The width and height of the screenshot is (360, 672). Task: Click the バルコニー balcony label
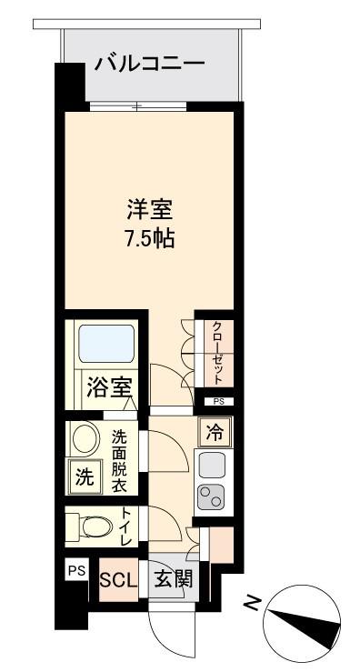point(150,65)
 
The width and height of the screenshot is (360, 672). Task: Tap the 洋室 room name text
point(149,211)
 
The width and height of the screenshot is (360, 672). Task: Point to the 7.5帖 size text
point(149,239)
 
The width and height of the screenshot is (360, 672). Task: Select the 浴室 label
point(109,388)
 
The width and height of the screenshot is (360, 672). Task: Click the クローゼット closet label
point(217,353)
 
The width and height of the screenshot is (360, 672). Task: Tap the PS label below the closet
point(218,402)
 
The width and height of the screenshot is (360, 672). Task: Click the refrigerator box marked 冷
point(215,433)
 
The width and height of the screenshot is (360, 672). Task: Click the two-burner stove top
point(212,496)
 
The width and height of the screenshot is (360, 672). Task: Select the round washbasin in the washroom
point(85,438)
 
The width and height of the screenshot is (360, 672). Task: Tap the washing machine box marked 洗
point(85,477)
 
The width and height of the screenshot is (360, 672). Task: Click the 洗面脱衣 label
point(120,462)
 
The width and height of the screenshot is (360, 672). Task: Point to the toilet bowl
point(93,527)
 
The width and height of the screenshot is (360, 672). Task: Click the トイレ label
point(127,527)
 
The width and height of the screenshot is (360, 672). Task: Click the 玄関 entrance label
point(173,580)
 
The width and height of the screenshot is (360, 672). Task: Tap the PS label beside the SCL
point(77,570)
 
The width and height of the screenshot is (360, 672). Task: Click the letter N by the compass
point(252,603)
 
